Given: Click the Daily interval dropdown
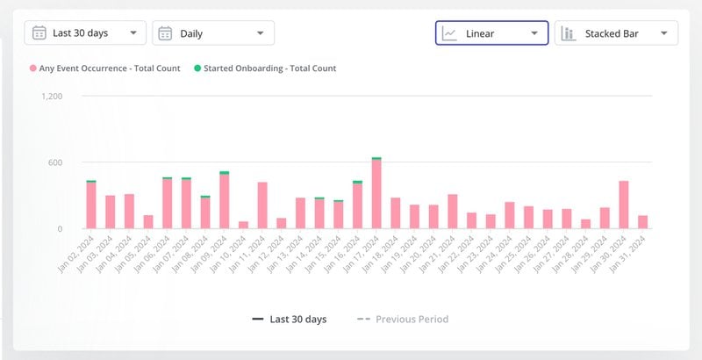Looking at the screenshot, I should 213,33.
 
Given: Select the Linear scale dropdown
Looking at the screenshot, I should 492,33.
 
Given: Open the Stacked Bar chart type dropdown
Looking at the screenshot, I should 616,33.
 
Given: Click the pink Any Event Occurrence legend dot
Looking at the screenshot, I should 33,68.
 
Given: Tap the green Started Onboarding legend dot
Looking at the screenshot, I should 197,68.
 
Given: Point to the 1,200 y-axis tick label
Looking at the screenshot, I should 52,96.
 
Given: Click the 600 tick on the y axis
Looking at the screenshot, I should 54,162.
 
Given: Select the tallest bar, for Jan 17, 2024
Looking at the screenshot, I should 376,194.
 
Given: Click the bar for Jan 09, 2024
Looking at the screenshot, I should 224,201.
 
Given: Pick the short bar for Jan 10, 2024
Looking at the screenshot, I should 243,225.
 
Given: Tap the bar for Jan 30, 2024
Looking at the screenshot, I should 624,205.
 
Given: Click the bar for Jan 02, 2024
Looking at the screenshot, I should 91,205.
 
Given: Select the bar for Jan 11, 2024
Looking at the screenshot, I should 262,205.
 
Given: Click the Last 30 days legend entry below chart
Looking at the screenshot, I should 290,319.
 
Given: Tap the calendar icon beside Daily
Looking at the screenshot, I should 164,33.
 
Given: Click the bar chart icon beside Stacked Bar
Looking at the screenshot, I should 568,33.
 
